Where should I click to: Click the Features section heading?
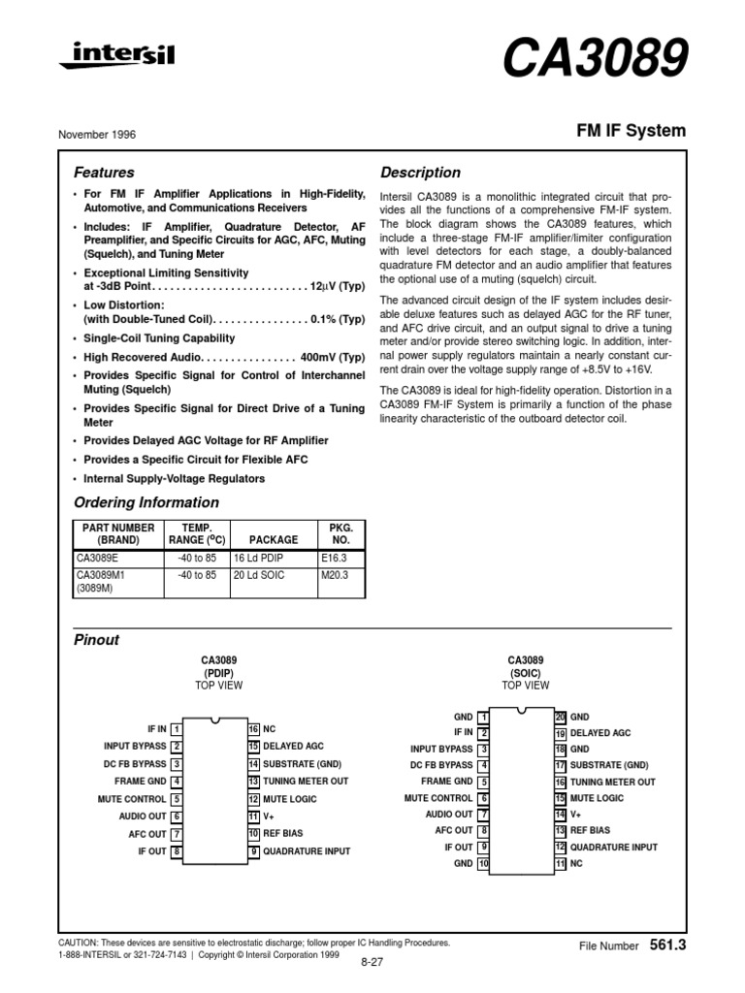pyautogui.click(x=105, y=173)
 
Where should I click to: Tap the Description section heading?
pyautogui.click(x=420, y=173)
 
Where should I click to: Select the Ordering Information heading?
pyautogui.click(x=146, y=502)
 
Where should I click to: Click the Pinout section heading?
pyautogui.click(x=97, y=641)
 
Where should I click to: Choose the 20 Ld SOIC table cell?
pyautogui.click(x=259, y=575)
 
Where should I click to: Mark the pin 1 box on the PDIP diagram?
pyautogui.click(x=177, y=728)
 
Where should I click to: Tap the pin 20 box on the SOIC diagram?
pyautogui.click(x=560, y=716)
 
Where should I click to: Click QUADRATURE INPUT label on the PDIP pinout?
pyautogui.click(x=308, y=851)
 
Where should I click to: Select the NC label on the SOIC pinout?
pyautogui.click(x=577, y=862)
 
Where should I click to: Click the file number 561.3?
pyautogui.click(x=667, y=944)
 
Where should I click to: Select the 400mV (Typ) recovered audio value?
pyautogui.click(x=332, y=357)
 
